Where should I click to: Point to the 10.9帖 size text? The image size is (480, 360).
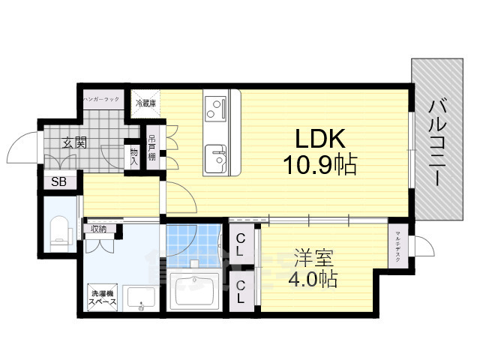319,163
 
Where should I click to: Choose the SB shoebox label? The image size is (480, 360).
58,181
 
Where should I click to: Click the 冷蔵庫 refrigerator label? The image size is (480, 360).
145,103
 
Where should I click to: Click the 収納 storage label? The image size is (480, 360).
98,229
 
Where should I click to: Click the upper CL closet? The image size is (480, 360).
242,244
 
